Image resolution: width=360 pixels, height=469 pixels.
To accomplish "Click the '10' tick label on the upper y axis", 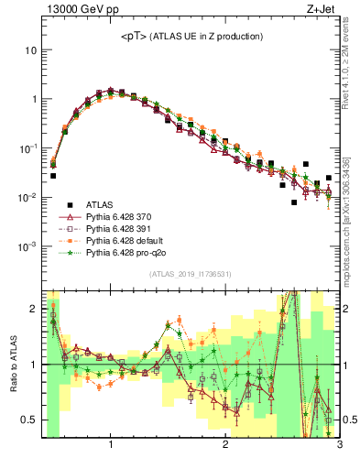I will pyautogui.click(x=29, y=49).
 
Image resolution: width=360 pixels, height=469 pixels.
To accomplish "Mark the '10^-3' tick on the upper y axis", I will pyautogui.click(x=27, y=247).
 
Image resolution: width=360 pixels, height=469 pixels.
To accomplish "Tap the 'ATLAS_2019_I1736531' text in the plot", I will pyautogui.click(x=190, y=274).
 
